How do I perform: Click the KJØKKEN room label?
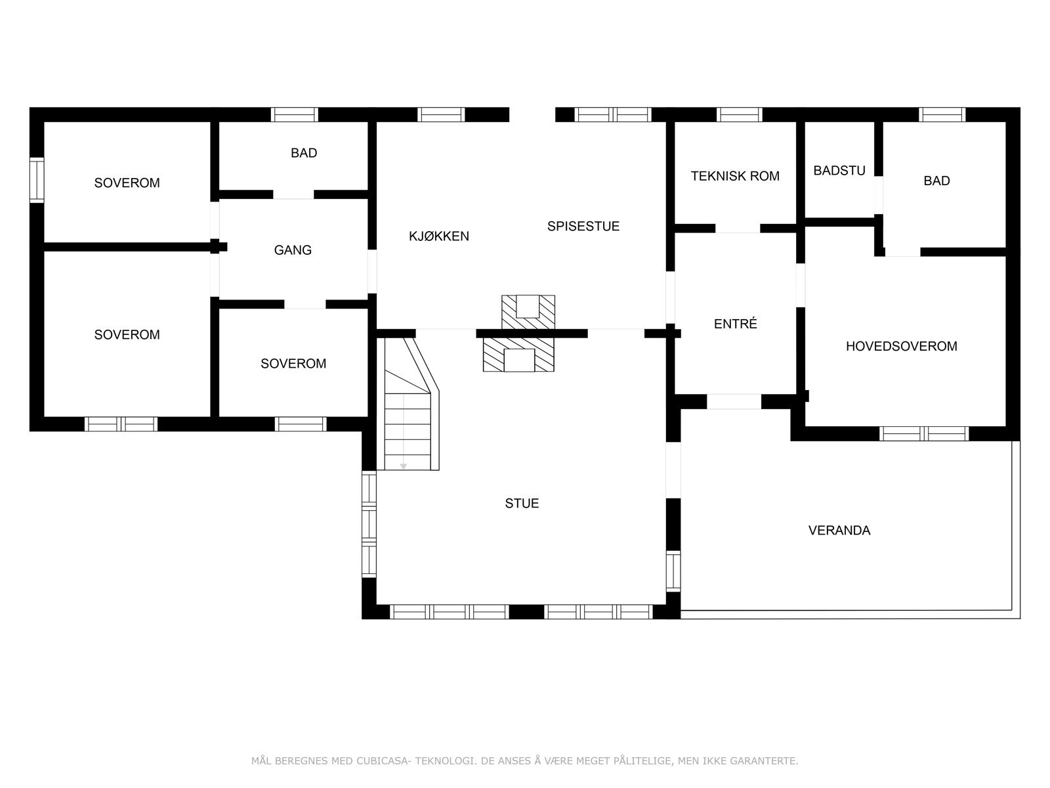(x=439, y=236)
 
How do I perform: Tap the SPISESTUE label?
(x=583, y=227)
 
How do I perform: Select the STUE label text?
(x=522, y=504)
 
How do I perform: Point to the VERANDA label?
(x=839, y=531)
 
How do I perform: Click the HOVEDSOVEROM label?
(x=901, y=346)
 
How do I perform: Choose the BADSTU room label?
(x=839, y=171)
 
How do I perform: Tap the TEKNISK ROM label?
(x=735, y=176)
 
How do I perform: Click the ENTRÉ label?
(x=735, y=324)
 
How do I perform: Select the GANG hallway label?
(x=293, y=250)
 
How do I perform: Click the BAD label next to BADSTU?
(x=936, y=181)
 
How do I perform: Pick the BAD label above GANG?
(x=304, y=153)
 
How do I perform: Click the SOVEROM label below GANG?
(x=293, y=364)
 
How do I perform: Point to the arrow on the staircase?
(x=403, y=465)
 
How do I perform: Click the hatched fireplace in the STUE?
(x=518, y=355)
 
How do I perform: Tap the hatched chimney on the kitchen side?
(x=528, y=311)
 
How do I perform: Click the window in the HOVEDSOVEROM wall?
(x=924, y=433)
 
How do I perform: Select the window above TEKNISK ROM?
(x=740, y=115)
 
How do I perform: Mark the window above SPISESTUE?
(x=613, y=115)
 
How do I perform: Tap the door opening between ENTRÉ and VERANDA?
(x=734, y=401)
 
